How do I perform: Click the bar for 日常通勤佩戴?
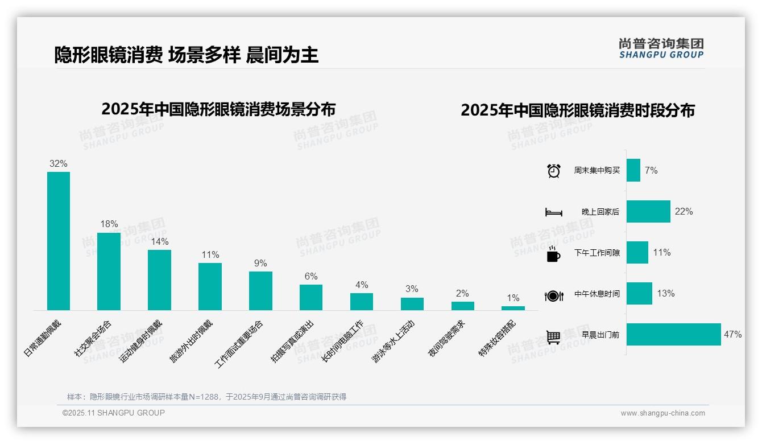(59, 241)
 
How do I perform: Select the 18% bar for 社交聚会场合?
(109, 271)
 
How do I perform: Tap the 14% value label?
(160, 241)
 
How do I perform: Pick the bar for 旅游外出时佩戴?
(210, 286)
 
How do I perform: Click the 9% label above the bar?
(260, 264)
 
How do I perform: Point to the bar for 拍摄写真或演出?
(311, 297)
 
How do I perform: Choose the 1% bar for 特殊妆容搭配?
(513, 308)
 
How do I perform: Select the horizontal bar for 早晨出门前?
(673, 334)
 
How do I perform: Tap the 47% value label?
(732, 335)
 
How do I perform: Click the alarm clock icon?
(553, 171)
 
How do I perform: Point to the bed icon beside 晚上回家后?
(553, 212)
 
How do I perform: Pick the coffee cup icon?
(553, 254)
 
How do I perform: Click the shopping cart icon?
(553, 337)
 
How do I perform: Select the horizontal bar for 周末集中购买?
(633, 170)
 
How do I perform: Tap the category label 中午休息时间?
(597, 294)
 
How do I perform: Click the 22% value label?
(684, 212)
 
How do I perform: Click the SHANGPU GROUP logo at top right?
(661, 48)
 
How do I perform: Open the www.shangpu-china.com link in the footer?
(662, 413)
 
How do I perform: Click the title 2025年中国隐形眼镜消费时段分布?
(577, 110)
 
